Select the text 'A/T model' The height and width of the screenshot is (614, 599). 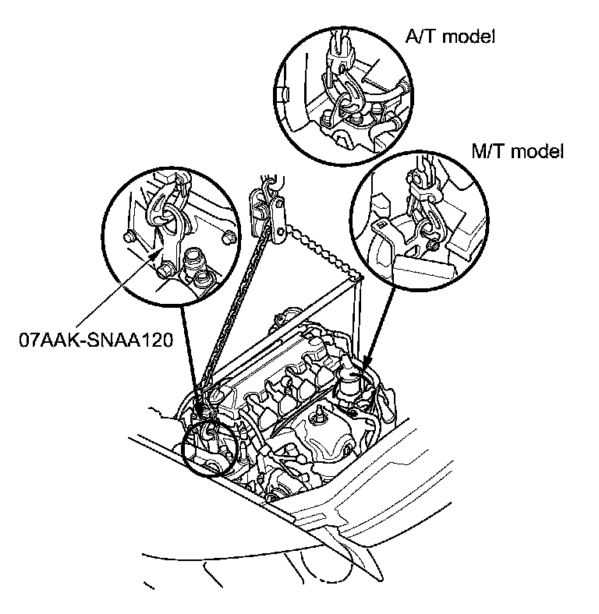tap(450, 37)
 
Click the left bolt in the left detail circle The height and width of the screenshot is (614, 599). tap(130, 236)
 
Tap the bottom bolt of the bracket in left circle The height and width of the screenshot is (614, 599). tap(166, 270)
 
